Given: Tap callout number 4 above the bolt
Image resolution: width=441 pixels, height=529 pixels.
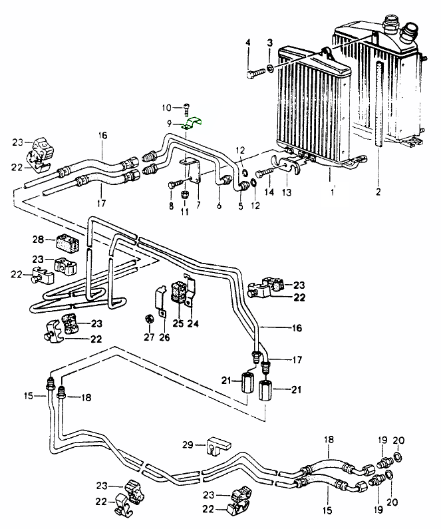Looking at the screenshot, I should pos(248,43).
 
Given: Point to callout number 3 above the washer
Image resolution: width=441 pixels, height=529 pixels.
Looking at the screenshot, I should pos(269,43).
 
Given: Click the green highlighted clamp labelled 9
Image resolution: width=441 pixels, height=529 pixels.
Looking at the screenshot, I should pos(194,121).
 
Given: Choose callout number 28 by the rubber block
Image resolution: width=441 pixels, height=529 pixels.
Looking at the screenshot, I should pos(39,239).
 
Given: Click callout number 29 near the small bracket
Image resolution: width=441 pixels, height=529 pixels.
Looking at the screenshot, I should pos(188,444).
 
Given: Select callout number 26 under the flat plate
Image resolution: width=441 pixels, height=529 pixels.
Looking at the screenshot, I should pos(164,338).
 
